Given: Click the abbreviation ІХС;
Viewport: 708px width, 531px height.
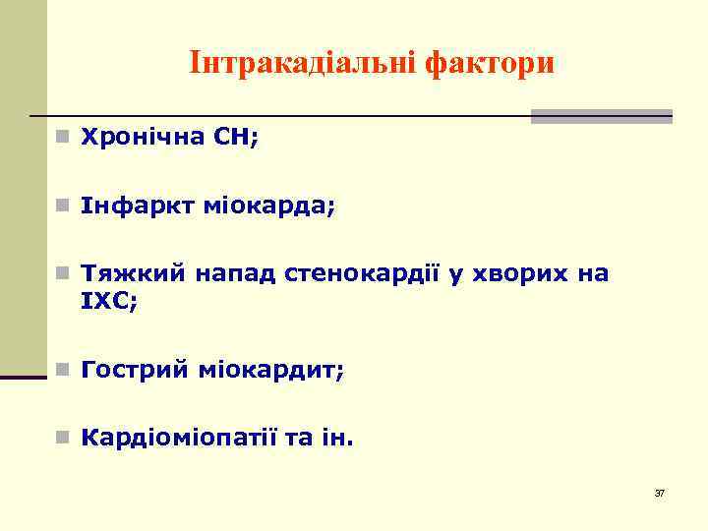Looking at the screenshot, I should pos(110,300).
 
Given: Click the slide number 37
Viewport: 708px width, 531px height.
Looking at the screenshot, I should pos(659,493).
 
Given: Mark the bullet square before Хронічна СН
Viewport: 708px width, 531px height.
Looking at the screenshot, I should pos(61,140).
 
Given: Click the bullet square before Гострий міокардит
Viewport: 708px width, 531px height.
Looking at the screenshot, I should pos(61,371).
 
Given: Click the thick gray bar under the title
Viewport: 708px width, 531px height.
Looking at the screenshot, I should pos(601,116).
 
